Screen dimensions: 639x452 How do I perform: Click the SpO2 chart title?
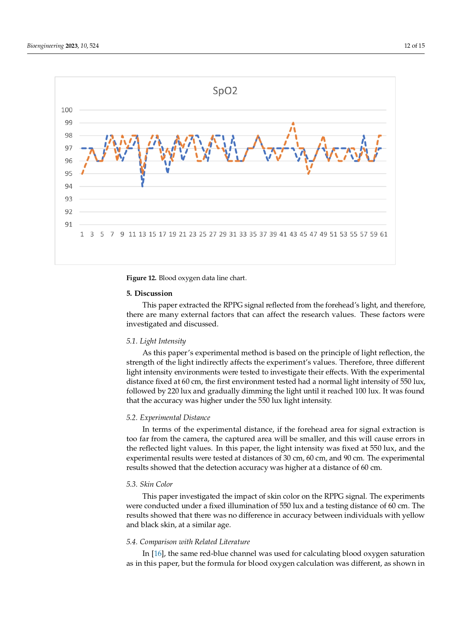pos(225,91)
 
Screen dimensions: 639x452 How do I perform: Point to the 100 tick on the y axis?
pos(67,110)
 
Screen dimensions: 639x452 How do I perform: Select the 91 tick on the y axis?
pos(68,224)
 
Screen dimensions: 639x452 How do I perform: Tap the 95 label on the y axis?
pos(68,174)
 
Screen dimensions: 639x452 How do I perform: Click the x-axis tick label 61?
pos(384,234)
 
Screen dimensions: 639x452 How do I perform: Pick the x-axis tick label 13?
pos(142,234)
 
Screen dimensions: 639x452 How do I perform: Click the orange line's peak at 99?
pos(293,123)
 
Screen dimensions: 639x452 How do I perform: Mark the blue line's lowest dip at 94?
pos(142,186)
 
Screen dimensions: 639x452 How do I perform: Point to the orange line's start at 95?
pos(82,174)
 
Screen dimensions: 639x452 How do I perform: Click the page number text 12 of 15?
pos(414,46)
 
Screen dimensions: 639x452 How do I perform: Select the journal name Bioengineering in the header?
pos(45,46)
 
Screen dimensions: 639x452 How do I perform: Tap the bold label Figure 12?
pos(141,278)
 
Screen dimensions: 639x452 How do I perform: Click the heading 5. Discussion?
pos(149,293)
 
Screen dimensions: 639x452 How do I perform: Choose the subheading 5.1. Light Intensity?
pos(156,341)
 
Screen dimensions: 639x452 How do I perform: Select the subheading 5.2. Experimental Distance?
pos(168,417)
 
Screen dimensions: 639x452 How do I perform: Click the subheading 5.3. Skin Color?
pos(149,484)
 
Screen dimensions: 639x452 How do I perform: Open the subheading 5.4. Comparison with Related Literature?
pos(188,542)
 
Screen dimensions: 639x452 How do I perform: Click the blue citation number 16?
pos(158,554)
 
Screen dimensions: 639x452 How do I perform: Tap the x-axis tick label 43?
pos(293,234)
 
